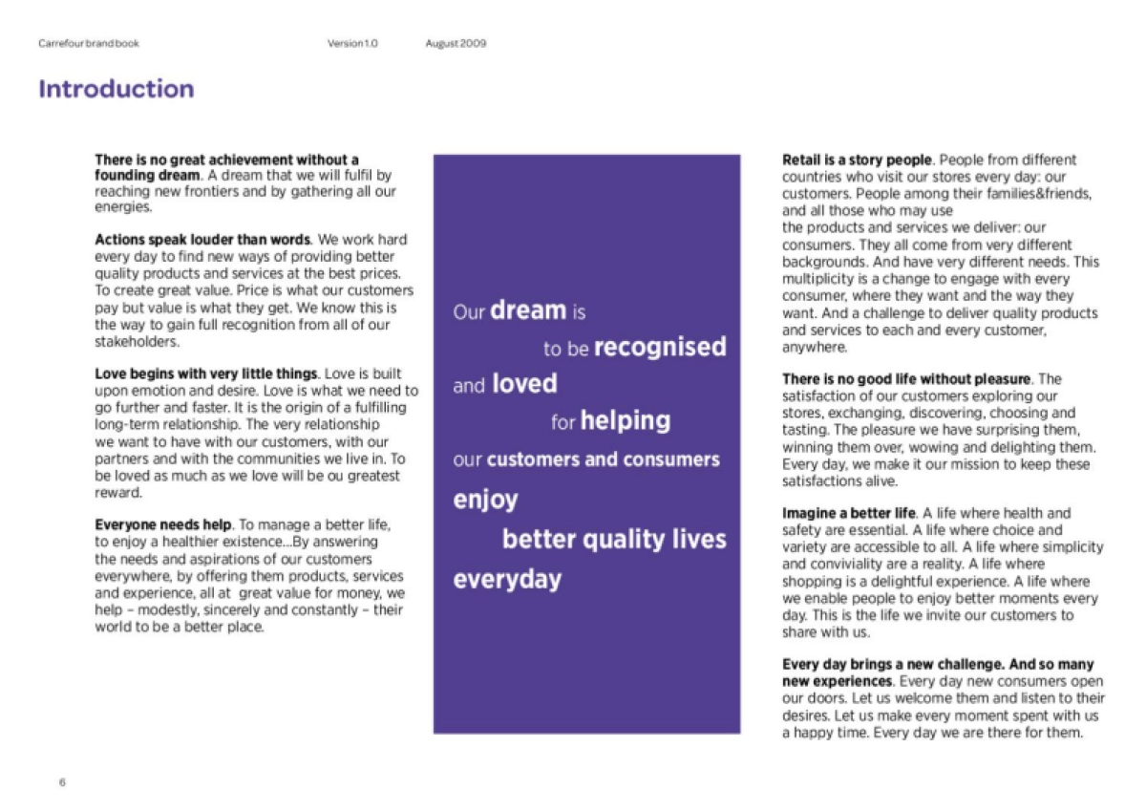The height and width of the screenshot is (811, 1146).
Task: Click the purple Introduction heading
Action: click(x=116, y=90)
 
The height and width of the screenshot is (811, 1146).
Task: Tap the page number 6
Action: click(x=62, y=782)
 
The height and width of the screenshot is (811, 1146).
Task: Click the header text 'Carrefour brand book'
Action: click(x=88, y=43)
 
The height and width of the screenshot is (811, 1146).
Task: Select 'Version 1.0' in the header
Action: click(x=352, y=43)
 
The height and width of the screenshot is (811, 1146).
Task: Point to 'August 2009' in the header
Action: click(x=456, y=43)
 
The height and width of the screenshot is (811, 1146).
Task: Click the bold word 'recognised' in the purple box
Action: click(x=660, y=347)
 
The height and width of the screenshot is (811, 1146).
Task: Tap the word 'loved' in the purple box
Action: click(x=524, y=384)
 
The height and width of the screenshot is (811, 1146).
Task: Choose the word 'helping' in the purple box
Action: click(x=626, y=420)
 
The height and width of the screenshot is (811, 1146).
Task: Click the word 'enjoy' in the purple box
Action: click(x=485, y=500)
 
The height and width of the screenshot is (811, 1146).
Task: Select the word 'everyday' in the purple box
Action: click(x=507, y=580)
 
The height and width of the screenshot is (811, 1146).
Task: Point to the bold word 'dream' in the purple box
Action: click(x=528, y=310)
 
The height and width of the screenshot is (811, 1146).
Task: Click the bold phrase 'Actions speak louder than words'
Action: click(x=202, y=240)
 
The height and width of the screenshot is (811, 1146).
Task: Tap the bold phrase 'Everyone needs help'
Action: click(x=163, y=525)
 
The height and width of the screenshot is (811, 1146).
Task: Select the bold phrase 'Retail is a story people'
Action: click(x=857, y=160)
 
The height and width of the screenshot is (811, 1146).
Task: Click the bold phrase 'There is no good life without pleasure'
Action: click(x=906, y=379)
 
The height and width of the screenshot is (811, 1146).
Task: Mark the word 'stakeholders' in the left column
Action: click(x=137, y=342)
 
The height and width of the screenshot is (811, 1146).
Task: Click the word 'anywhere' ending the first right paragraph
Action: click(x=814, y=348)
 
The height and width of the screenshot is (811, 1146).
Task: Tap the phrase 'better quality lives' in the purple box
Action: click(x=614, y=540)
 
